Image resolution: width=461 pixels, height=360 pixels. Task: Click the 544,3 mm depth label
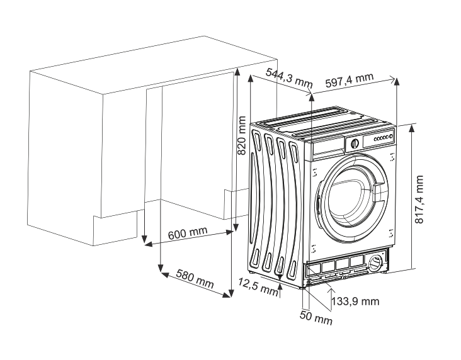pyautogui.click(x=289, y=77)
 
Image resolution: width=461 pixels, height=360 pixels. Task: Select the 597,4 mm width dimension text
pyautogui.click(x=350, y=81)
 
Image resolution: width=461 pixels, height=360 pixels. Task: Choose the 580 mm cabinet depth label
pyautogui.click(x=195, y=279)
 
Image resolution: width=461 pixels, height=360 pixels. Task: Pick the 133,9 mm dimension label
pyautogui.click(x=356, y=301)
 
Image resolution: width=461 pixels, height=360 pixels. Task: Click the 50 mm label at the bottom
pyautogui.click(x=315, y=318)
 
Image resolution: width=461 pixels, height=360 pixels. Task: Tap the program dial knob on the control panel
pyautogui.click(x=355, y=143)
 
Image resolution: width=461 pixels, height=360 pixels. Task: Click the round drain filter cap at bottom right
pyautogui.click(x=377, y=262)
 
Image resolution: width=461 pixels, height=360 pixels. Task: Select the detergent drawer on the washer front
pyautogui.click(x=327, y=147)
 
